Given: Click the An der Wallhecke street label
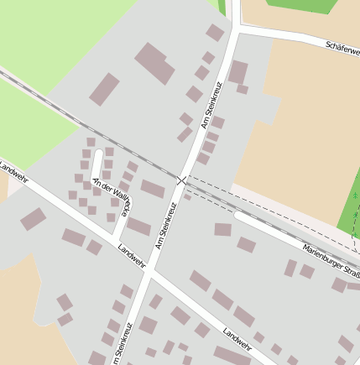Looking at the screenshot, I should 112,198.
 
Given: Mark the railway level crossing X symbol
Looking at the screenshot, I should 183,180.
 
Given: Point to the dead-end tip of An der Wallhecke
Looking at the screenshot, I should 98,154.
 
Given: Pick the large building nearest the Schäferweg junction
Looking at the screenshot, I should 238,72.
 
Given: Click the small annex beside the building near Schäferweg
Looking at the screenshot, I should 243,89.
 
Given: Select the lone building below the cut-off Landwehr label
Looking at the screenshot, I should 34,219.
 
